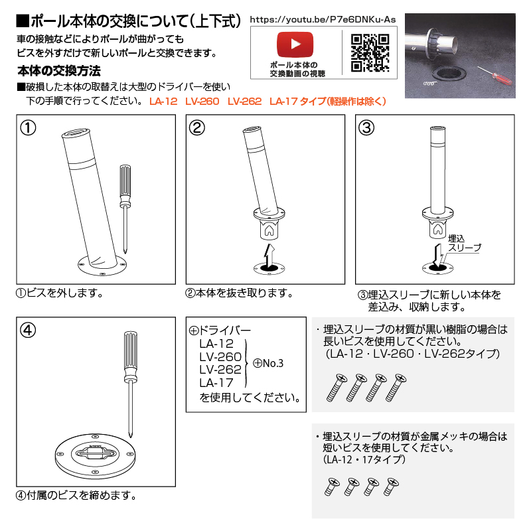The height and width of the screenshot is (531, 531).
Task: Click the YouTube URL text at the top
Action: coord(323,19)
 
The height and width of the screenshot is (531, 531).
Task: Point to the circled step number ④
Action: coord(28,330)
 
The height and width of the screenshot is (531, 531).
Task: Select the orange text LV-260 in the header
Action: coord(202,102)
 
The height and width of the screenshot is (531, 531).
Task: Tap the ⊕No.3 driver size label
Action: coord(268,363)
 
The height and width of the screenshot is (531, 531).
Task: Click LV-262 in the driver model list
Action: coord(220,369)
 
